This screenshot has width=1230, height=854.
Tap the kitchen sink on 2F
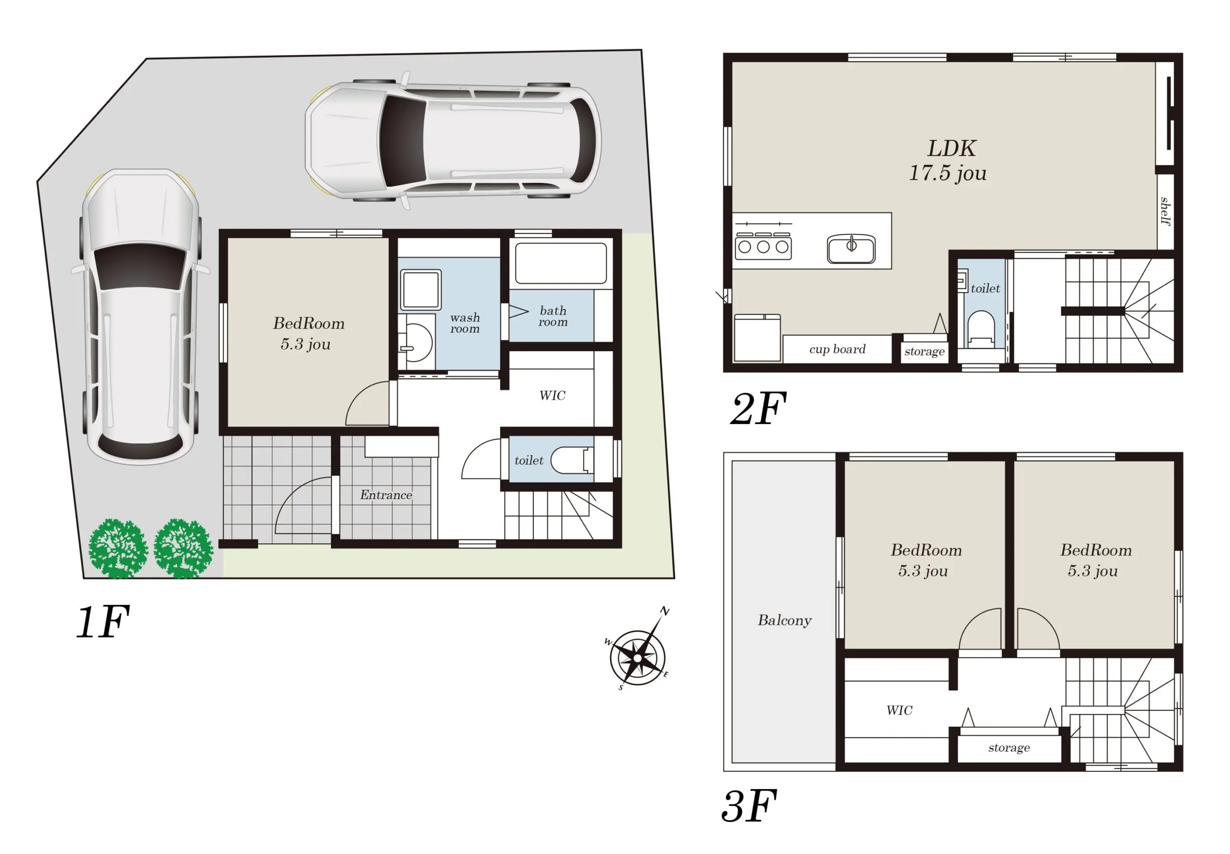pos(850,248)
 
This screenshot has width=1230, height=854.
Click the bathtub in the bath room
pos(560,263)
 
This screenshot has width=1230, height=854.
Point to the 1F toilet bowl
pos(572,460)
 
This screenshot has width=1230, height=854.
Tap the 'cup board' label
pos(837,349)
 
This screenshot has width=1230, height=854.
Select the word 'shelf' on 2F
pos(1165,211)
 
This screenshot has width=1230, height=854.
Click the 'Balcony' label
pos(784,620)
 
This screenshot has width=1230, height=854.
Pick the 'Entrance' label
pos(386,494)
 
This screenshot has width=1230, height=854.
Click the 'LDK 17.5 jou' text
pos(948,160)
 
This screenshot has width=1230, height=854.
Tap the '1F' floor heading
pos(103,622)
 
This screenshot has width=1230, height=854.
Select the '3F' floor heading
pos(749,805)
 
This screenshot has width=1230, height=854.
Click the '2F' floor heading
pos(759,408)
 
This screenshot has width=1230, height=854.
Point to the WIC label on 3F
pos(899,710)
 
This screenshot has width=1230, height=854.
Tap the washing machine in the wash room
pos(421,290)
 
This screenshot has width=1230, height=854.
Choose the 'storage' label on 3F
pos(1009,747)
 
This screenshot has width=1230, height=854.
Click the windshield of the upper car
pos(403,141)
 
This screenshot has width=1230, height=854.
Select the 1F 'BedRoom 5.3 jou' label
pos(308,333)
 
